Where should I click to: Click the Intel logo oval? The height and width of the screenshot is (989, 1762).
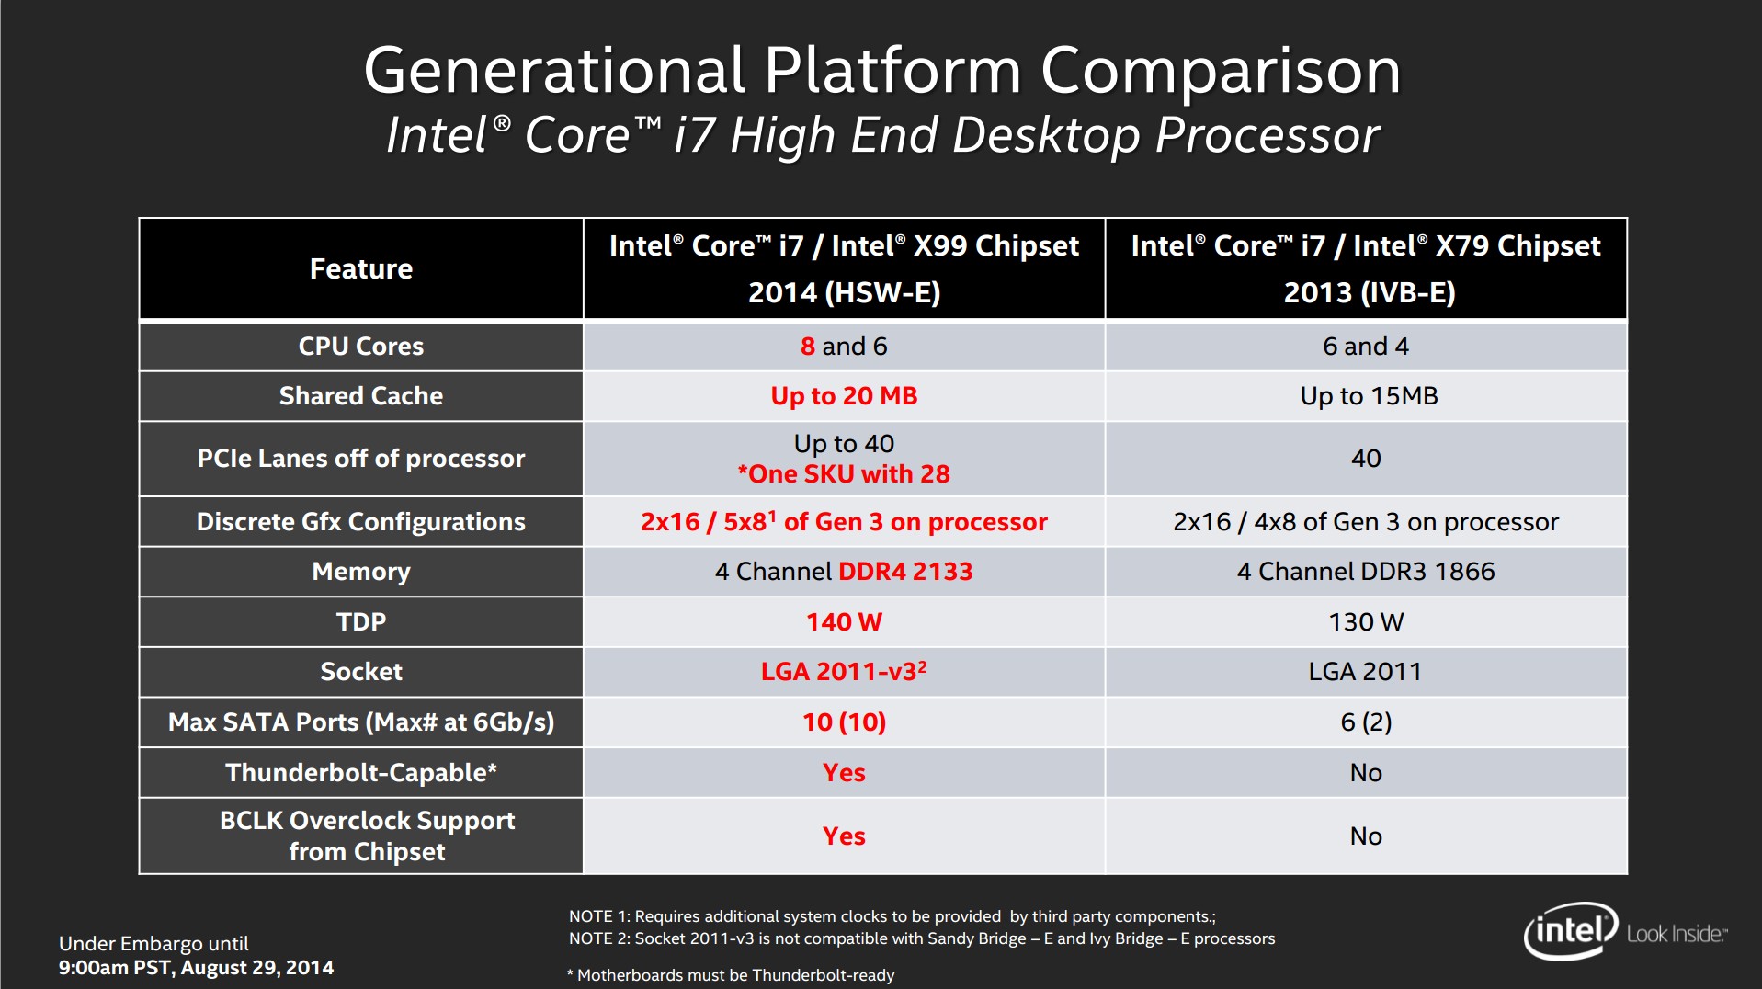[1570, 931]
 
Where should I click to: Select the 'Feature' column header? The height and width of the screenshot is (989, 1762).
[360, 268]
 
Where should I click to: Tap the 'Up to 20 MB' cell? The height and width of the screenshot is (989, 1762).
[844, 396]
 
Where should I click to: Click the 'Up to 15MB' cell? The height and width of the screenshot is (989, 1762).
[1368, 396]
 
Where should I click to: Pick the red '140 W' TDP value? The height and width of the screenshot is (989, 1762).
[844, 622]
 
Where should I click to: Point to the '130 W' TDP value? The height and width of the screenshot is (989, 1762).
[1366, 622]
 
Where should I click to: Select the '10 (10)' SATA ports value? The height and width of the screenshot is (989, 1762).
[844, 722]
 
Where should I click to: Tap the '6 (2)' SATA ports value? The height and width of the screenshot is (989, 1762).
[1366, 722]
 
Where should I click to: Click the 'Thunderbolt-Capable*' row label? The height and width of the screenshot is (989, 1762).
[361, 772]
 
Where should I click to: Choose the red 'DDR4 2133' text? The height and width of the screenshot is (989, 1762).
[905, 572]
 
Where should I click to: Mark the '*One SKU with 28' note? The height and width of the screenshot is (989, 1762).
[844, 474]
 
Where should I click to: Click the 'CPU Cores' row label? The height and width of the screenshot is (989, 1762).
[361, 347]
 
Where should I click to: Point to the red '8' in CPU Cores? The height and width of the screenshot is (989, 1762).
[808, 347]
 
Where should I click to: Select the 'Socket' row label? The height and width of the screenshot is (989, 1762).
[361, 672]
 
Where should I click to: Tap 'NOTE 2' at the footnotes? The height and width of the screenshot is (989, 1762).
[598, 938]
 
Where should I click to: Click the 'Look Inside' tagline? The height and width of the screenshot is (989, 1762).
[1676, 934]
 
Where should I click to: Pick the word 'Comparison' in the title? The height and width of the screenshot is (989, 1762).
[1220, 71]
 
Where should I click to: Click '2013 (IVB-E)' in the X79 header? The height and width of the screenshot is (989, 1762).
[1369, 292]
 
